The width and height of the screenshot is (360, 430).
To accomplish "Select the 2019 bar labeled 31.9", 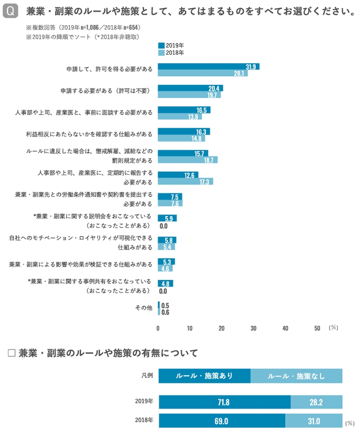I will click(x=208, y=67).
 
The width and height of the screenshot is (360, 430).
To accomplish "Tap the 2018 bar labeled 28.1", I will click(x=202, y=74).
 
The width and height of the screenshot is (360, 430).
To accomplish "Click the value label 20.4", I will click(x=214, y=88).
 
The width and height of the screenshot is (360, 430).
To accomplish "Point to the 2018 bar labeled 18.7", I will click(x=187, y=160).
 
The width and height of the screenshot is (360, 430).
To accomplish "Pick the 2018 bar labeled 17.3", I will click(x=185, y=182).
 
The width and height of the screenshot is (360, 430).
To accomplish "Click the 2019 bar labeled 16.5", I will click(x=184, y=110).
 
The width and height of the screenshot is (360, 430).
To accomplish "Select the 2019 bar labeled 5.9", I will click(x=167, y=218).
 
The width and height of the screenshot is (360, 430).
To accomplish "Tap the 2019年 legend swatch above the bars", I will click(x=161, y=46).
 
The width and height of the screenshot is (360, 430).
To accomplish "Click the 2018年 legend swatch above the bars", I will click(x=161, y=53).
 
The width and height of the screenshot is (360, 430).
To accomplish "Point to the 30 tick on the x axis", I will click(x=253, y=328).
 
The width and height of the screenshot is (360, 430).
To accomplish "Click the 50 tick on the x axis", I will click(x=317, y=328).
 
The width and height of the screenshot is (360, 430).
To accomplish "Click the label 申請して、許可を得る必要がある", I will click(x=110, y=70).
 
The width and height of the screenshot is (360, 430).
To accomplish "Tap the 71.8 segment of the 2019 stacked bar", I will click(x=224, y=402).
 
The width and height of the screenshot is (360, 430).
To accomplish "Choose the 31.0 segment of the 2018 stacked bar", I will click(x=314, y=421).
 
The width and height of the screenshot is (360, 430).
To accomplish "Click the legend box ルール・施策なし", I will click(x=297, y=376).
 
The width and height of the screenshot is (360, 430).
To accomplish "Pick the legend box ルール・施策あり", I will click(x=204, y=376).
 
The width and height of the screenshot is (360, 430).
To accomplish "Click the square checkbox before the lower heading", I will click(x=11, y=353).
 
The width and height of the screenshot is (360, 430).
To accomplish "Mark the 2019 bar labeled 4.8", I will click(x=165, y=283).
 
